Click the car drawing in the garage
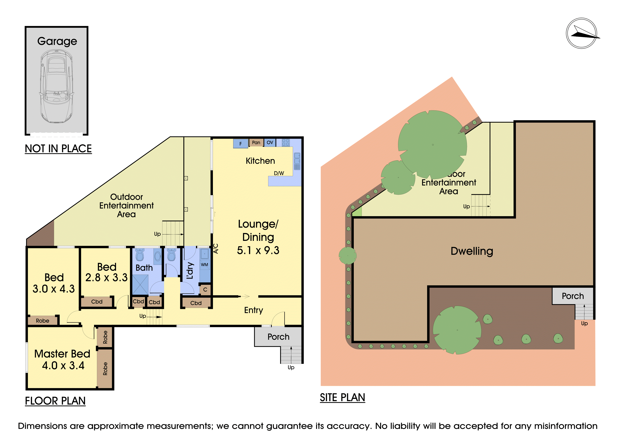[57, 86]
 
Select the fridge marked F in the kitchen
[240, 144]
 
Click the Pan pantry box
[256, 143]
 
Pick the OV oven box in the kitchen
[270, 143]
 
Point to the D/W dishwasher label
[279, 173]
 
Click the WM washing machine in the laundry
[205, 265]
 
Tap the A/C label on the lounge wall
[216, 248]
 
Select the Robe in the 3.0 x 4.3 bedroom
[43, 321]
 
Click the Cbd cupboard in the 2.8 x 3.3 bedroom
[97, 302]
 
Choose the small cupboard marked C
[205, 290]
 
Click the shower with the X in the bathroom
[140, 285]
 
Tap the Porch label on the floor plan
[278, 337]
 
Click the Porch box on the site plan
[572, 296]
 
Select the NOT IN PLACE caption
[58, 149]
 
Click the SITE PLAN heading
[342, 398]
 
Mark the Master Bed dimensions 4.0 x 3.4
[63, 365]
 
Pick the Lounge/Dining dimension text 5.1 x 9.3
[258, 250]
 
